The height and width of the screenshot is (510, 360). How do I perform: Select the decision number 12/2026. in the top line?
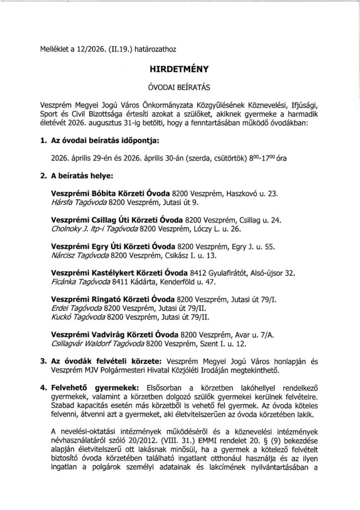[85, 49]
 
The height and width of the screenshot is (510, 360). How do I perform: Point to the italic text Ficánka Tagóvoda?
[82, 282]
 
